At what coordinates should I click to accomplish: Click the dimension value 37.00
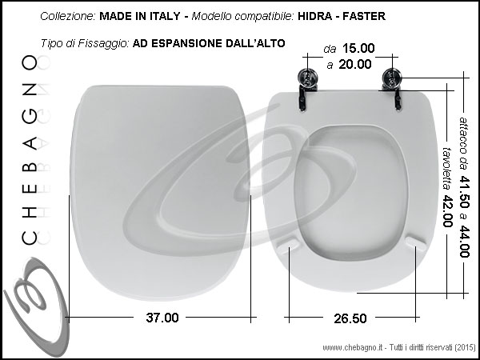tap(162, 318)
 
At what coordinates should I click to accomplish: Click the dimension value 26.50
tap(350, 318)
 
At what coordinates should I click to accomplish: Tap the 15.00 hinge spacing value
tap(358, 48)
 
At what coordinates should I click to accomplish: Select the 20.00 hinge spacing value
tap(355, 64)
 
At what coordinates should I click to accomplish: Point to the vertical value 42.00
tap(448, 211)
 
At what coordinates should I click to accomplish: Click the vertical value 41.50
tap(464, 192)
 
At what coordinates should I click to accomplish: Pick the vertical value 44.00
tap(464, 242)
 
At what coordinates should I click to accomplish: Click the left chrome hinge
tap(308, 89)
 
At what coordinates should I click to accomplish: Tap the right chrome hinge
tap(392, 89)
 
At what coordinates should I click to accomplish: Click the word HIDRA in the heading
tap(314, 16)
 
